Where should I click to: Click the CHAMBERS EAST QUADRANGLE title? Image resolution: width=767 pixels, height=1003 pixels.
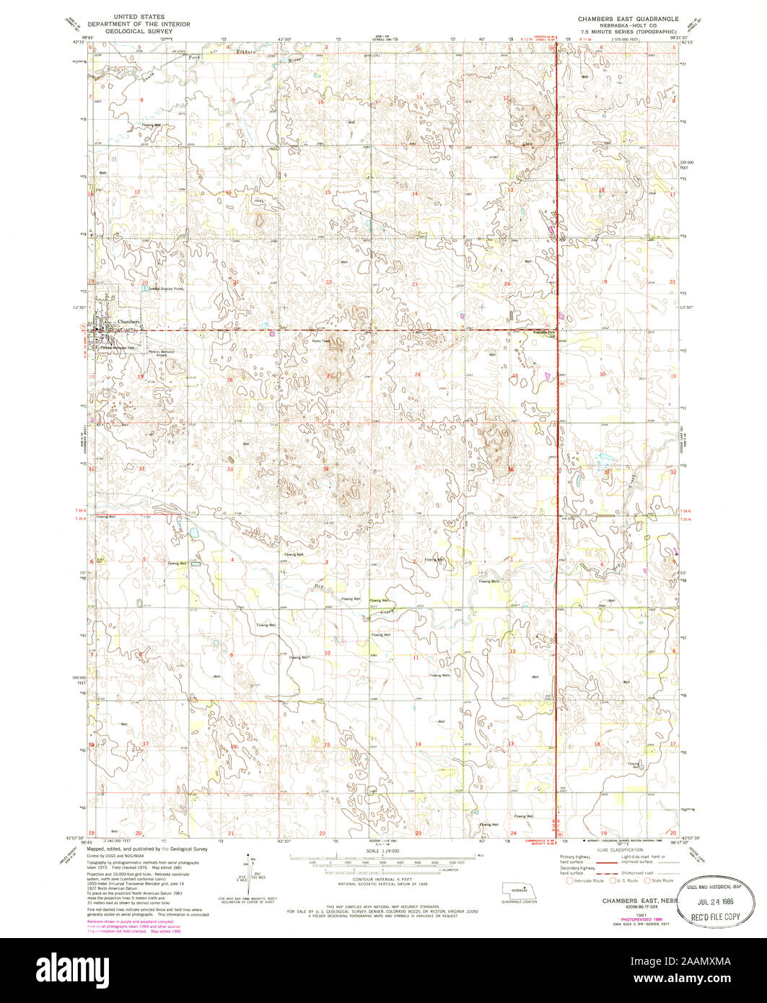click(623, 16)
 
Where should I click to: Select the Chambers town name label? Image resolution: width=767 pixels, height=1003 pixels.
click(128, 321)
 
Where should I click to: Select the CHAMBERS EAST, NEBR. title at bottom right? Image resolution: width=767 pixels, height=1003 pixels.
click(626, 901)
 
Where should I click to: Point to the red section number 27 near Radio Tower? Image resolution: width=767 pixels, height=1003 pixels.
click(330, 375)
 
